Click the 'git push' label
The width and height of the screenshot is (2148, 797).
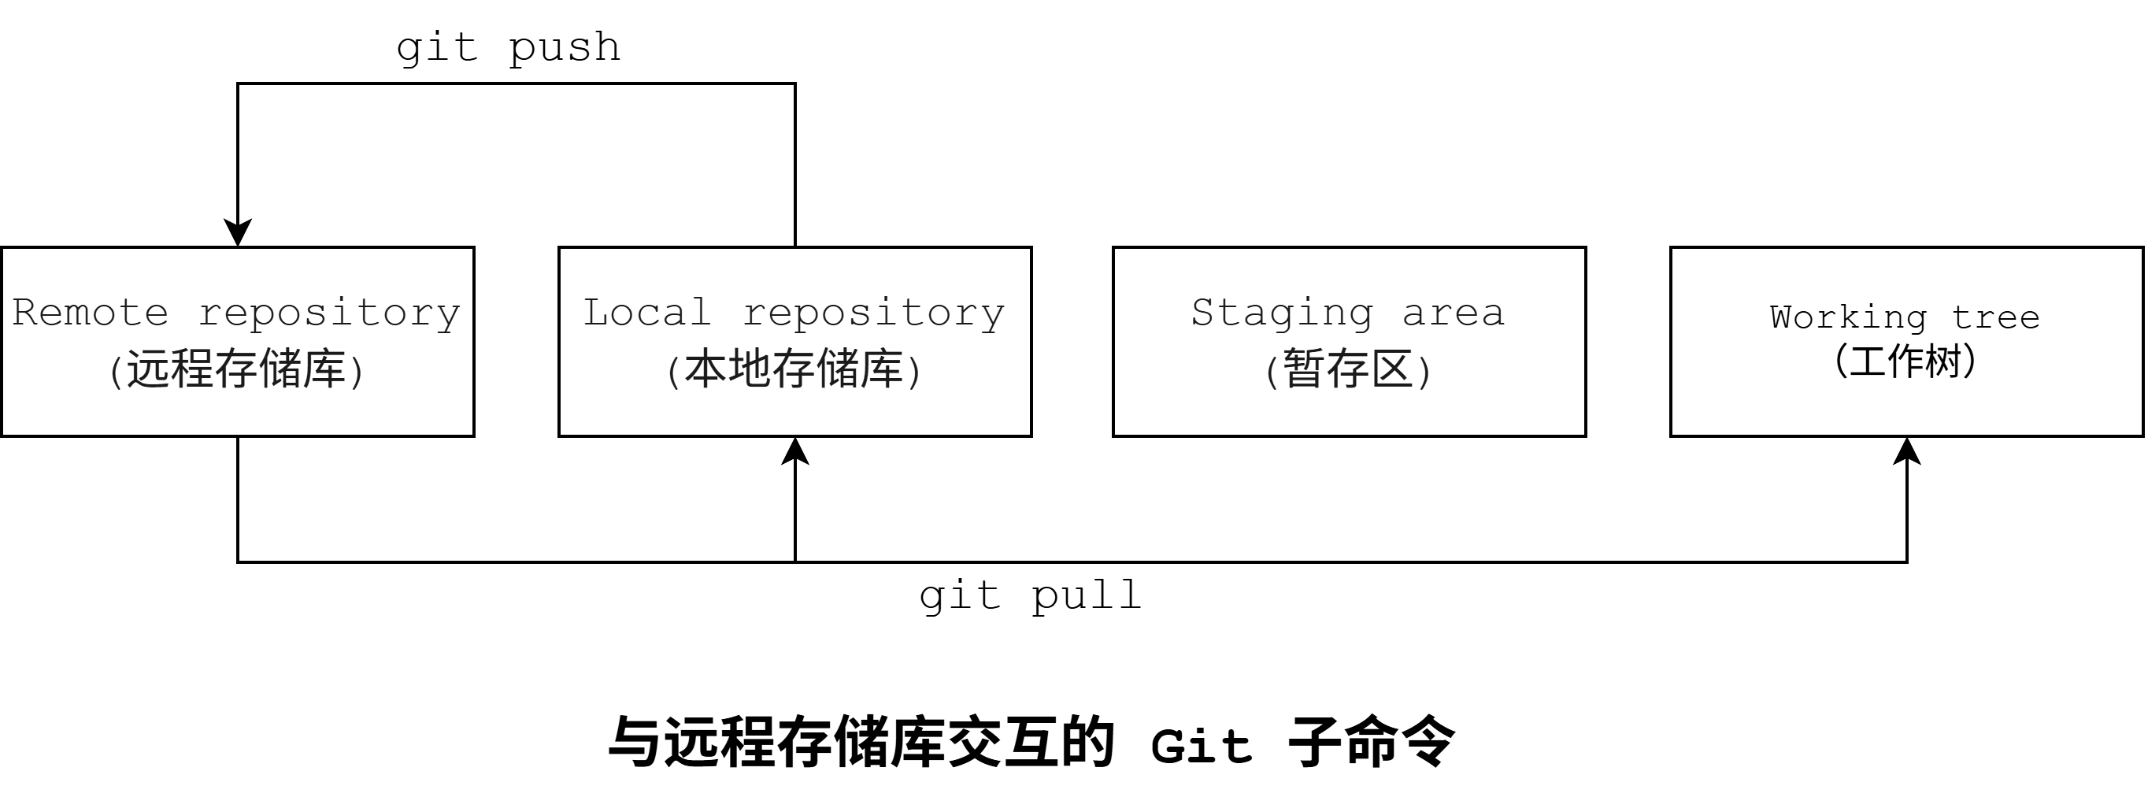pos(509,48)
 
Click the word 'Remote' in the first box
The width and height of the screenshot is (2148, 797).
pos(90,313)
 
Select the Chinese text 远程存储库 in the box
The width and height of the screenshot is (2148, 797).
pos(237,369)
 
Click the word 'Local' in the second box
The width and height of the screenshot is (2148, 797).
pos(647,313)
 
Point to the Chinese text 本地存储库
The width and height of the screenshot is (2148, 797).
pos(794,369)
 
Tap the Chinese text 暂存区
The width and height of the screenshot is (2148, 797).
pos(1348,369)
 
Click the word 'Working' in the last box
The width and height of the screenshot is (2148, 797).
pos(1848,317)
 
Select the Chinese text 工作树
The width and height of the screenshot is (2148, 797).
pos(1905,361)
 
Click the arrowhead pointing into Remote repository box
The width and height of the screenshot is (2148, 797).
pos(238,232)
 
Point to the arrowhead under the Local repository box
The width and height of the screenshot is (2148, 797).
pos(795,451)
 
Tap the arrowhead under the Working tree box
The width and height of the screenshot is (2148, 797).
pos(1907,451)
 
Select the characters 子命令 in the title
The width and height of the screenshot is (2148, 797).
pos(1371,742)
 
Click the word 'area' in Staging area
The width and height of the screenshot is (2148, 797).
pos(1454,313)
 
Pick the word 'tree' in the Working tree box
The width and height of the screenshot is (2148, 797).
pos(1995,317)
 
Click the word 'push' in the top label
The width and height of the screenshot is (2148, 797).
pos(565,48)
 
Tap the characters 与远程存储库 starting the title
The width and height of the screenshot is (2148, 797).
pos(776,742)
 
